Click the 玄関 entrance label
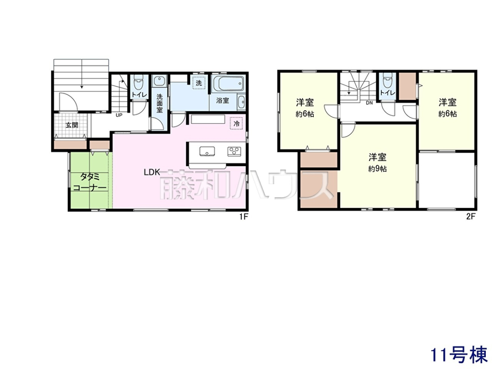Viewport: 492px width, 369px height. [72, 125]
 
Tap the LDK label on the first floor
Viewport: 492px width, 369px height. [152, 172]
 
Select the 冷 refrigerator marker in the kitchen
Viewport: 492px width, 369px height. [237, 123]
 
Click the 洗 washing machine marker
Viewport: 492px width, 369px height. [198, 83]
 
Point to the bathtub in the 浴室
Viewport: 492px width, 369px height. [228, 84]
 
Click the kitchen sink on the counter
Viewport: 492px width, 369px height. [207, 151]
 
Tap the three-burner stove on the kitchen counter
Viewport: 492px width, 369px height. [234, 151]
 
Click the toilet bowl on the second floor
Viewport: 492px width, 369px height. [388, 80]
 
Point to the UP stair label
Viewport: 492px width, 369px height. [119, 115]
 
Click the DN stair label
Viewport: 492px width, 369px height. [369, 103]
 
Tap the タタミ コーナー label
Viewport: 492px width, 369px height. [90, 182]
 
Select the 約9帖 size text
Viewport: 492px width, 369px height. [377, 169]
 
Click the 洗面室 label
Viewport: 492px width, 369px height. [159, 103]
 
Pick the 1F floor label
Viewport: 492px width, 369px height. [244, 216]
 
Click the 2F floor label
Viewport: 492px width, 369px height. [471, 216]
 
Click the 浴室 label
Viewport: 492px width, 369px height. [223, 100]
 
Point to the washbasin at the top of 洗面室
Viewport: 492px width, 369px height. [159, 81]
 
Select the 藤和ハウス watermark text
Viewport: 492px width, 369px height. [246, 184]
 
